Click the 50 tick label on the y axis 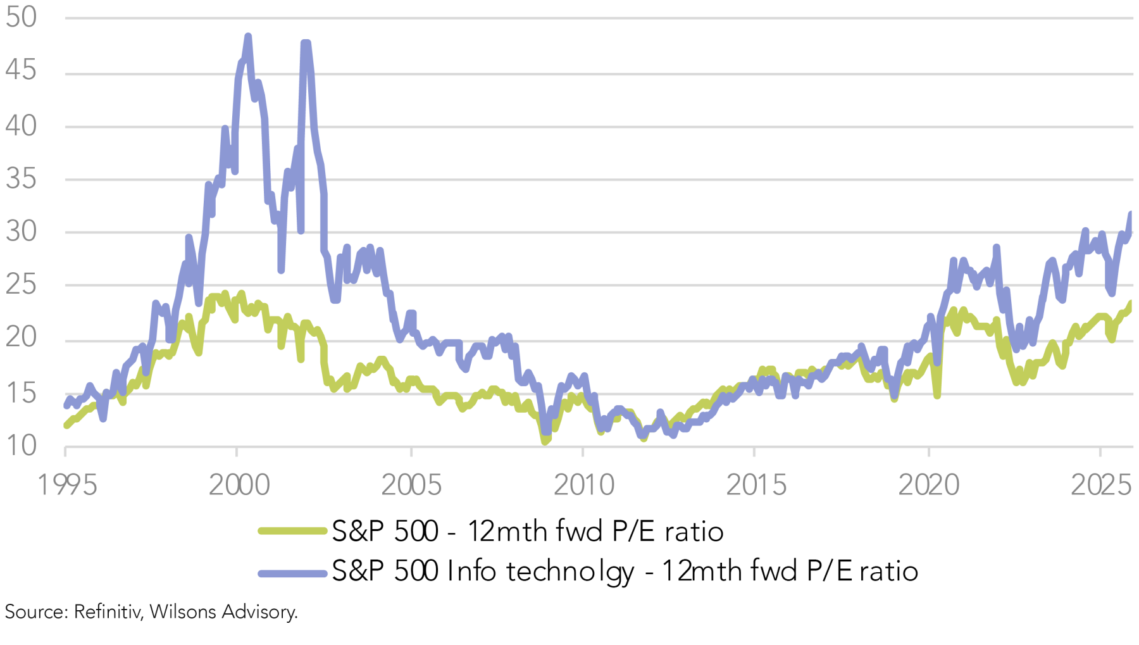pos(21,17)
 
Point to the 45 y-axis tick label pos(21,70)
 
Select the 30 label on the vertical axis pos(21,232)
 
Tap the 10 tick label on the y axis pos(21,446)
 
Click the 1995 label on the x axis pos(67,485)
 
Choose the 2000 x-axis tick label pos(239,485)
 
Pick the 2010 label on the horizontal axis pos(583,485)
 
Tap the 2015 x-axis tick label pos(756,485)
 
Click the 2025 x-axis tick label pos(1100,485)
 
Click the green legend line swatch pos(292,530)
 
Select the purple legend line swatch pos(292,573)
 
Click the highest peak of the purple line pos(248,37)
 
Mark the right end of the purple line pos(1130,215)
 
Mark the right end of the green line pos(1130,303)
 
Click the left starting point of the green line pos(66,425)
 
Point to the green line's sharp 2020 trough pos(937,396)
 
